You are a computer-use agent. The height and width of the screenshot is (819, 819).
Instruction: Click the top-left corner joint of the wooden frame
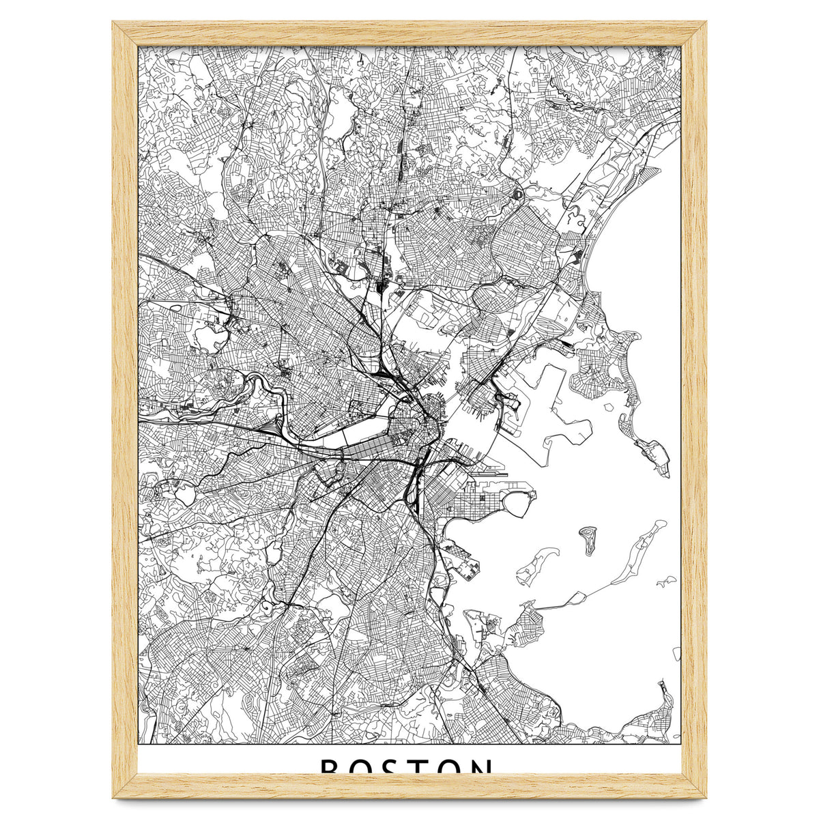[x=126, y=34]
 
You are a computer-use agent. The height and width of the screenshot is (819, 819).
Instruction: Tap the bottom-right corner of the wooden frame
[x=694, y=786]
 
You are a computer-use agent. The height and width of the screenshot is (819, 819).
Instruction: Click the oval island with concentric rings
[x=588, y=538]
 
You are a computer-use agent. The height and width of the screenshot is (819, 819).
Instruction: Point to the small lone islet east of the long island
[x=666, y=582]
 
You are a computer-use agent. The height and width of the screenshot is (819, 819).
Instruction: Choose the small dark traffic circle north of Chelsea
[x=517, y=195]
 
